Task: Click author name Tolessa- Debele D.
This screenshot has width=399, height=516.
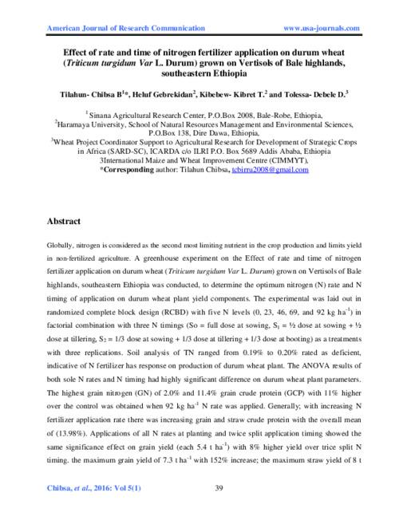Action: click(x=304, y=94)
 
